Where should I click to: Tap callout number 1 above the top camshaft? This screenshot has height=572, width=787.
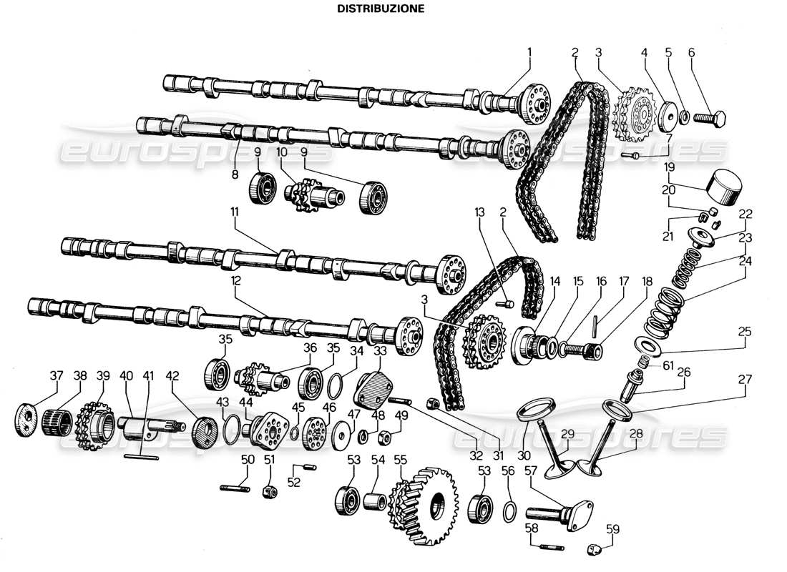pyautogui.click(x=529, y=51)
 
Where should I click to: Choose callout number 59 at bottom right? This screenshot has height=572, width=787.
pyautogui.click(x=612, y=529)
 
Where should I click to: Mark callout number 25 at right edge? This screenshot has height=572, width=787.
pyautogui.click(x=745, y=332)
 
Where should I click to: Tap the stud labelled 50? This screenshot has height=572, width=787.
pyautogui.click(x=234, y=489)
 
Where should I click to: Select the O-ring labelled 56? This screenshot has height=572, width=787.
pyautogui.click(x=507, y=513)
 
